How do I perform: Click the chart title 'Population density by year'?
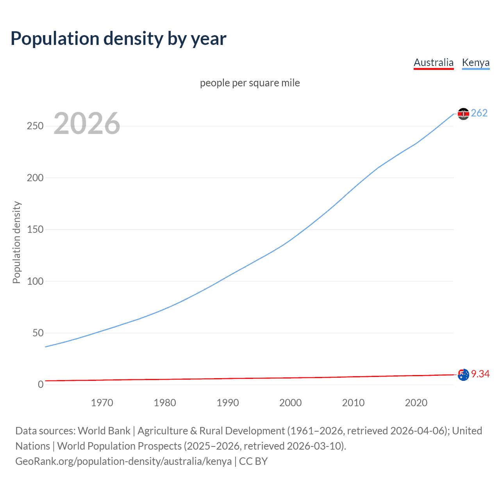coord(118,39)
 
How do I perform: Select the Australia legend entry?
coord(434,62)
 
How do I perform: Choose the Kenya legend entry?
coord(475,62)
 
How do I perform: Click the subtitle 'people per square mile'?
coord(250,83)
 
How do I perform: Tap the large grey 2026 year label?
coord(87,123)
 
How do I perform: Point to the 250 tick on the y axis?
coord(35,126)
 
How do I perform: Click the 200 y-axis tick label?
coord(35,178)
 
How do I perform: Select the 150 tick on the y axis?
coord(35,229)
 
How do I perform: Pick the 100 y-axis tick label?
coord(35,281)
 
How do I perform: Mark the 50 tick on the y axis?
coord(38,333)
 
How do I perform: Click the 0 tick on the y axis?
coord(41,384)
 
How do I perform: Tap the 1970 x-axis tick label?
coord(102,403)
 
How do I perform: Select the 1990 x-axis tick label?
coord(228,403)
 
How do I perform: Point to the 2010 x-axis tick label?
coord(353,403)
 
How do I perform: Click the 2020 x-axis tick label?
coord(416,403)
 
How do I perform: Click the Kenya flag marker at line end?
coord(463,114)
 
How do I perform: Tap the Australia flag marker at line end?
coord(463,375)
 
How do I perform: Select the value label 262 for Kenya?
coord(479,113)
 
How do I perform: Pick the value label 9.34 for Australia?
coord(480,374)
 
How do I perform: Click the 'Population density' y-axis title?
coord(16,242)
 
